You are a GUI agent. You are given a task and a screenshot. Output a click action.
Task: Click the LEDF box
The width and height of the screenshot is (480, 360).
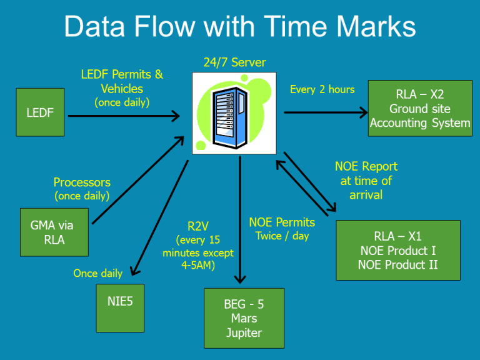point(40,112)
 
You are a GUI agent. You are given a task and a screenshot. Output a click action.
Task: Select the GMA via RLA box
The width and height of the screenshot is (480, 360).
point(54,232)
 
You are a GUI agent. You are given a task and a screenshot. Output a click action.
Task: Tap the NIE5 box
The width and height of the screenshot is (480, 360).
point(120,309)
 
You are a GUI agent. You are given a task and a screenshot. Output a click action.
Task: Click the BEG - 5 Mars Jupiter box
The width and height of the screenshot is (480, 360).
point(244,318)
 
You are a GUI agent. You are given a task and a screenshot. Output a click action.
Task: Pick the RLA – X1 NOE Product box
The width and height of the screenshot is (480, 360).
point(397,250)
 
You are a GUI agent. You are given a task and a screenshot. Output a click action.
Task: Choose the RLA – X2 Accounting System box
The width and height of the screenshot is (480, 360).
point(419,109)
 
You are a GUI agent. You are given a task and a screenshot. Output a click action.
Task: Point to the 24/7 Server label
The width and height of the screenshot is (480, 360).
point(234,62)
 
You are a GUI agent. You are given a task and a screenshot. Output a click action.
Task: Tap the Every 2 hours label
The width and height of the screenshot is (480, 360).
point(322,89)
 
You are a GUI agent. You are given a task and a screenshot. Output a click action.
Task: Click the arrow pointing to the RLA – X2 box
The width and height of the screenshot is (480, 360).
point(325,112)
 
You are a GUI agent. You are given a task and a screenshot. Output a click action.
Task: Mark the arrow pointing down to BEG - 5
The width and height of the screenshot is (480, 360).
point(240,219)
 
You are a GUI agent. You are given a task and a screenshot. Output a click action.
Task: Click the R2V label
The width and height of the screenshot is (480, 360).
point(197,226)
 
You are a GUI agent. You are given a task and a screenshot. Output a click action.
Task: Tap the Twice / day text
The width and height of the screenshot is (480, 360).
point(282,236)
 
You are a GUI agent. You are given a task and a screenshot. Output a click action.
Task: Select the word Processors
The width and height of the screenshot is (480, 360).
point(82,182)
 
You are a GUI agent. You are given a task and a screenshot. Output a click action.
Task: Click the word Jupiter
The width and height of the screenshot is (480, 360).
point(244,332)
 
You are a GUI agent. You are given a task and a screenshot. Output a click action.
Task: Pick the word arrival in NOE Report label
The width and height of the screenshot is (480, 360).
point(366,194)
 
